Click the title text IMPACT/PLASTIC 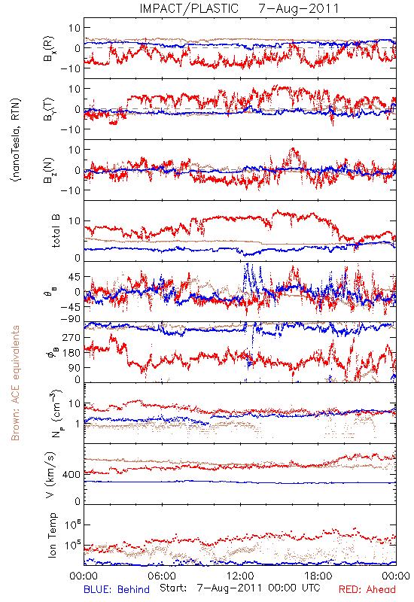(189, 8)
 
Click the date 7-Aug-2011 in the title (299, 8)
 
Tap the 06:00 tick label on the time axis (162, 576)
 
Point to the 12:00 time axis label (240, 576)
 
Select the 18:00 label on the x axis (318, 576)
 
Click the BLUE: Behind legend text (117, 589)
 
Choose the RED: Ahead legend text (367, 589)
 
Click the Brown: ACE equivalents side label (15, 383)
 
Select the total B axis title (56, 231)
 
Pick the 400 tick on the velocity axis (72, 475)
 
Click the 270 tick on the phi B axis (72, 337)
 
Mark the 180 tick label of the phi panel (72, 353)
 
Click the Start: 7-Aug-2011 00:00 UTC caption (239, 588)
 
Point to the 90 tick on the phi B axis (75, 368)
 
